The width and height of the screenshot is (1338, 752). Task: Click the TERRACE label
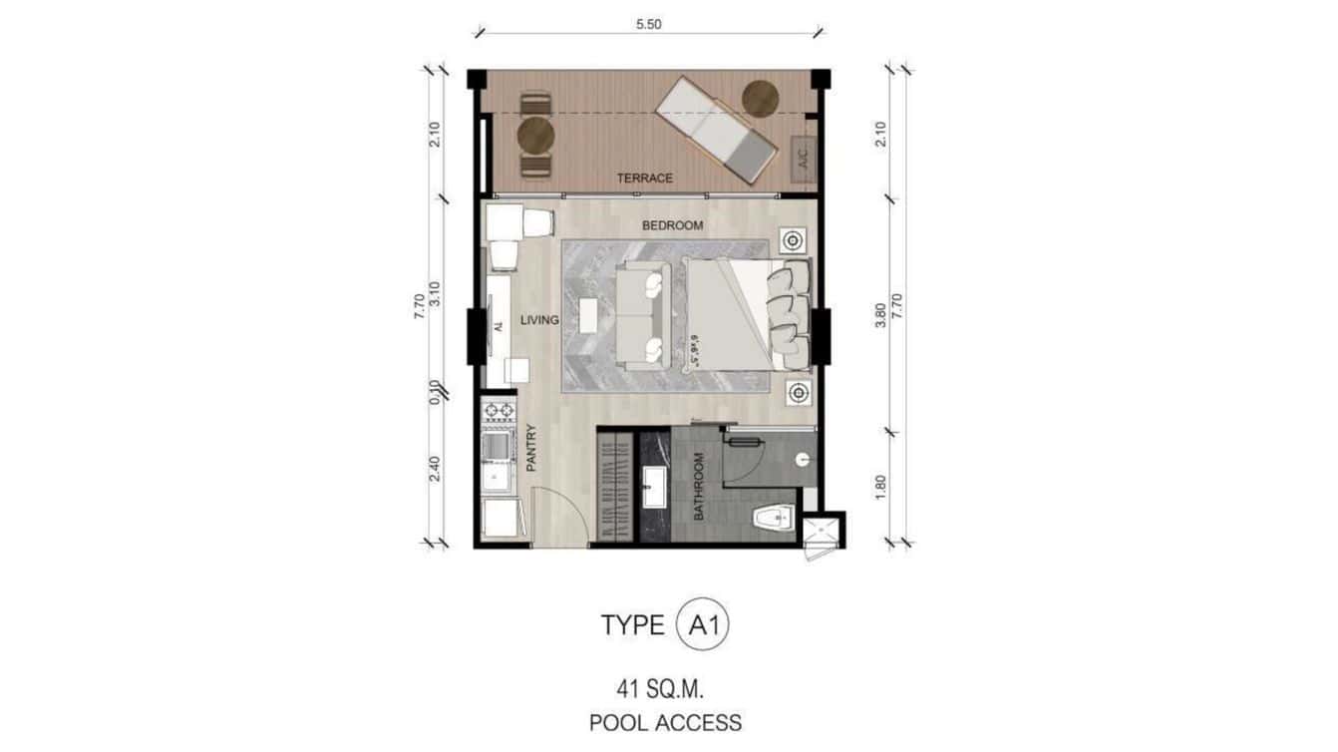pyautogui.click(x=644, y=179)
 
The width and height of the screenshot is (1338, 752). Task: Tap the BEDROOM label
pyautogui.click(x=672, y=225)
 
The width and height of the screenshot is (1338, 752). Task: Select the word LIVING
pyautogui.click(x=539, y=320)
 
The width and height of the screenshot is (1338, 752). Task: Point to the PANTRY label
pyautogui.click(x=531, y=448)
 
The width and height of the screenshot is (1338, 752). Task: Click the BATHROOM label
pyautogui.click(x=699, y=486)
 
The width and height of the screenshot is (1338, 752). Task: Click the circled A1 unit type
pyautogui.click(x=703, y=625)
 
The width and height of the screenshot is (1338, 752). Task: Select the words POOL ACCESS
pyautogui.click(x=665, y=722)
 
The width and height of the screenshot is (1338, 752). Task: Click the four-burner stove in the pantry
pyautogui.click(x=498, y=410)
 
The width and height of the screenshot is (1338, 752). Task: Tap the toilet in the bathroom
pyautogui.click(x=771, y=518)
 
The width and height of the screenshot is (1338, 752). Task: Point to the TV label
pyautogui.click(x=496, y=327)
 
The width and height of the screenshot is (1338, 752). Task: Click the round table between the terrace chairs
pyautogui.click(x=535, y=134)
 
